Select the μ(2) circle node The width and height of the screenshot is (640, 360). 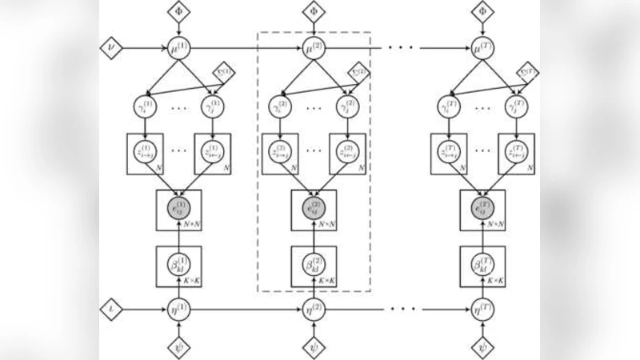pos(313,48)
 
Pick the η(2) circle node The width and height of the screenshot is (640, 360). pos(313,307)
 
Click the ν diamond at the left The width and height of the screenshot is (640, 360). pos(110,48)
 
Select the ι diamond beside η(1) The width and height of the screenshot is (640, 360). pos(110,307)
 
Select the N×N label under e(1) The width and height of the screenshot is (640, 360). pos(191,225)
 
